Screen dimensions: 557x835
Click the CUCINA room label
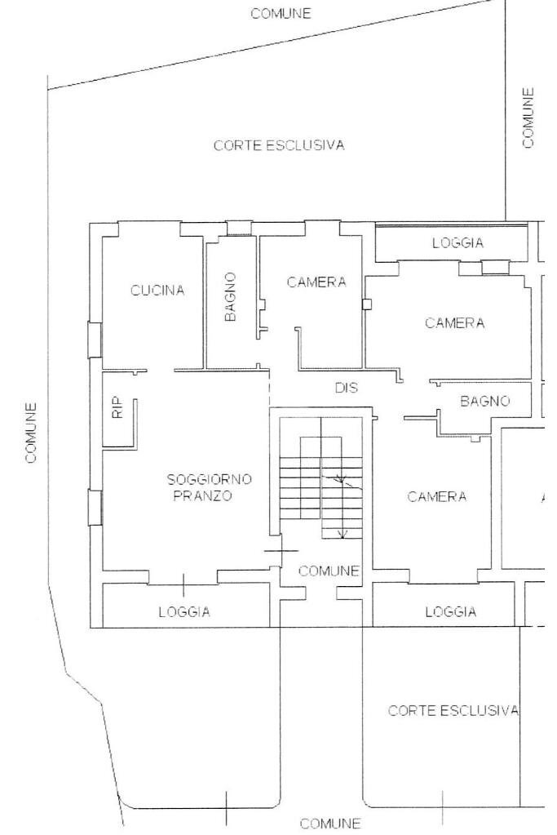157,291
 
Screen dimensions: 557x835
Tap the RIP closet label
118,407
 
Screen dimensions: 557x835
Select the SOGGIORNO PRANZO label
209,487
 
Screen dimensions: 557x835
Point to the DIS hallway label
347,388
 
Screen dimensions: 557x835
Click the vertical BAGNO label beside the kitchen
230,297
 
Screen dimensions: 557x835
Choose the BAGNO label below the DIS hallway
484,401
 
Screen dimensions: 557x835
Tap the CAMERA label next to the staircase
437,497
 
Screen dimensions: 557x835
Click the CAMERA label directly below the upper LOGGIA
455,322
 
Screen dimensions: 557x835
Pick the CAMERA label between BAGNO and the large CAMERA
316,282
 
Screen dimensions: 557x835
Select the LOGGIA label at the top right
458,243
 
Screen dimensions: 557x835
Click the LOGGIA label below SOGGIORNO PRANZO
184,612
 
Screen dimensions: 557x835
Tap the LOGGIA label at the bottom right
451,612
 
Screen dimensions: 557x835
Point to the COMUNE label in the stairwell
329,571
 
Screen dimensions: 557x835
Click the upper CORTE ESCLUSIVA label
279,145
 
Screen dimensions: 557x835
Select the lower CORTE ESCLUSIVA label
453,710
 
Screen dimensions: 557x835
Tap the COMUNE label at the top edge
281,13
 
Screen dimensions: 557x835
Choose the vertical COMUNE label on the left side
31,433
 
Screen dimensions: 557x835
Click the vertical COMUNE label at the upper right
527,118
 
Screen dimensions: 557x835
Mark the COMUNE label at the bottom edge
329,824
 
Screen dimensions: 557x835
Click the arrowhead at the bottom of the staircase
343,534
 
